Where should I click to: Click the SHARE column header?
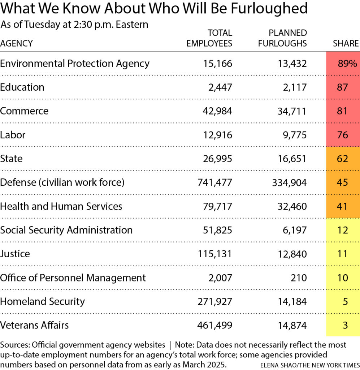pos(346,43)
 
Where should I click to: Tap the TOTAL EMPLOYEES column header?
pos(209,38)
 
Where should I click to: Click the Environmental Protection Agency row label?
pos(75,64)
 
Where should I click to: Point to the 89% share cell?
pos(347,64)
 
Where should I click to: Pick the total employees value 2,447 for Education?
pos(219,87)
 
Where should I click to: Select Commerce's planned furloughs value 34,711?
pos(290,111)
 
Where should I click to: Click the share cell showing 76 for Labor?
pos(343,135)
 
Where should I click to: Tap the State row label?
pos(11,159)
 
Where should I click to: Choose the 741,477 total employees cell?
pos(214,182)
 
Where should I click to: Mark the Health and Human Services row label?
pos(61,206)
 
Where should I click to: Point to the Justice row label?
pos(15,254)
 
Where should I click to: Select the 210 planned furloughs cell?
pos(299,277)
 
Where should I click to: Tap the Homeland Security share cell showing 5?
pos(345,301)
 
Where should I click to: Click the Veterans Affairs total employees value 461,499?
pos(214,325)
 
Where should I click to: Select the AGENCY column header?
pos(16,43)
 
